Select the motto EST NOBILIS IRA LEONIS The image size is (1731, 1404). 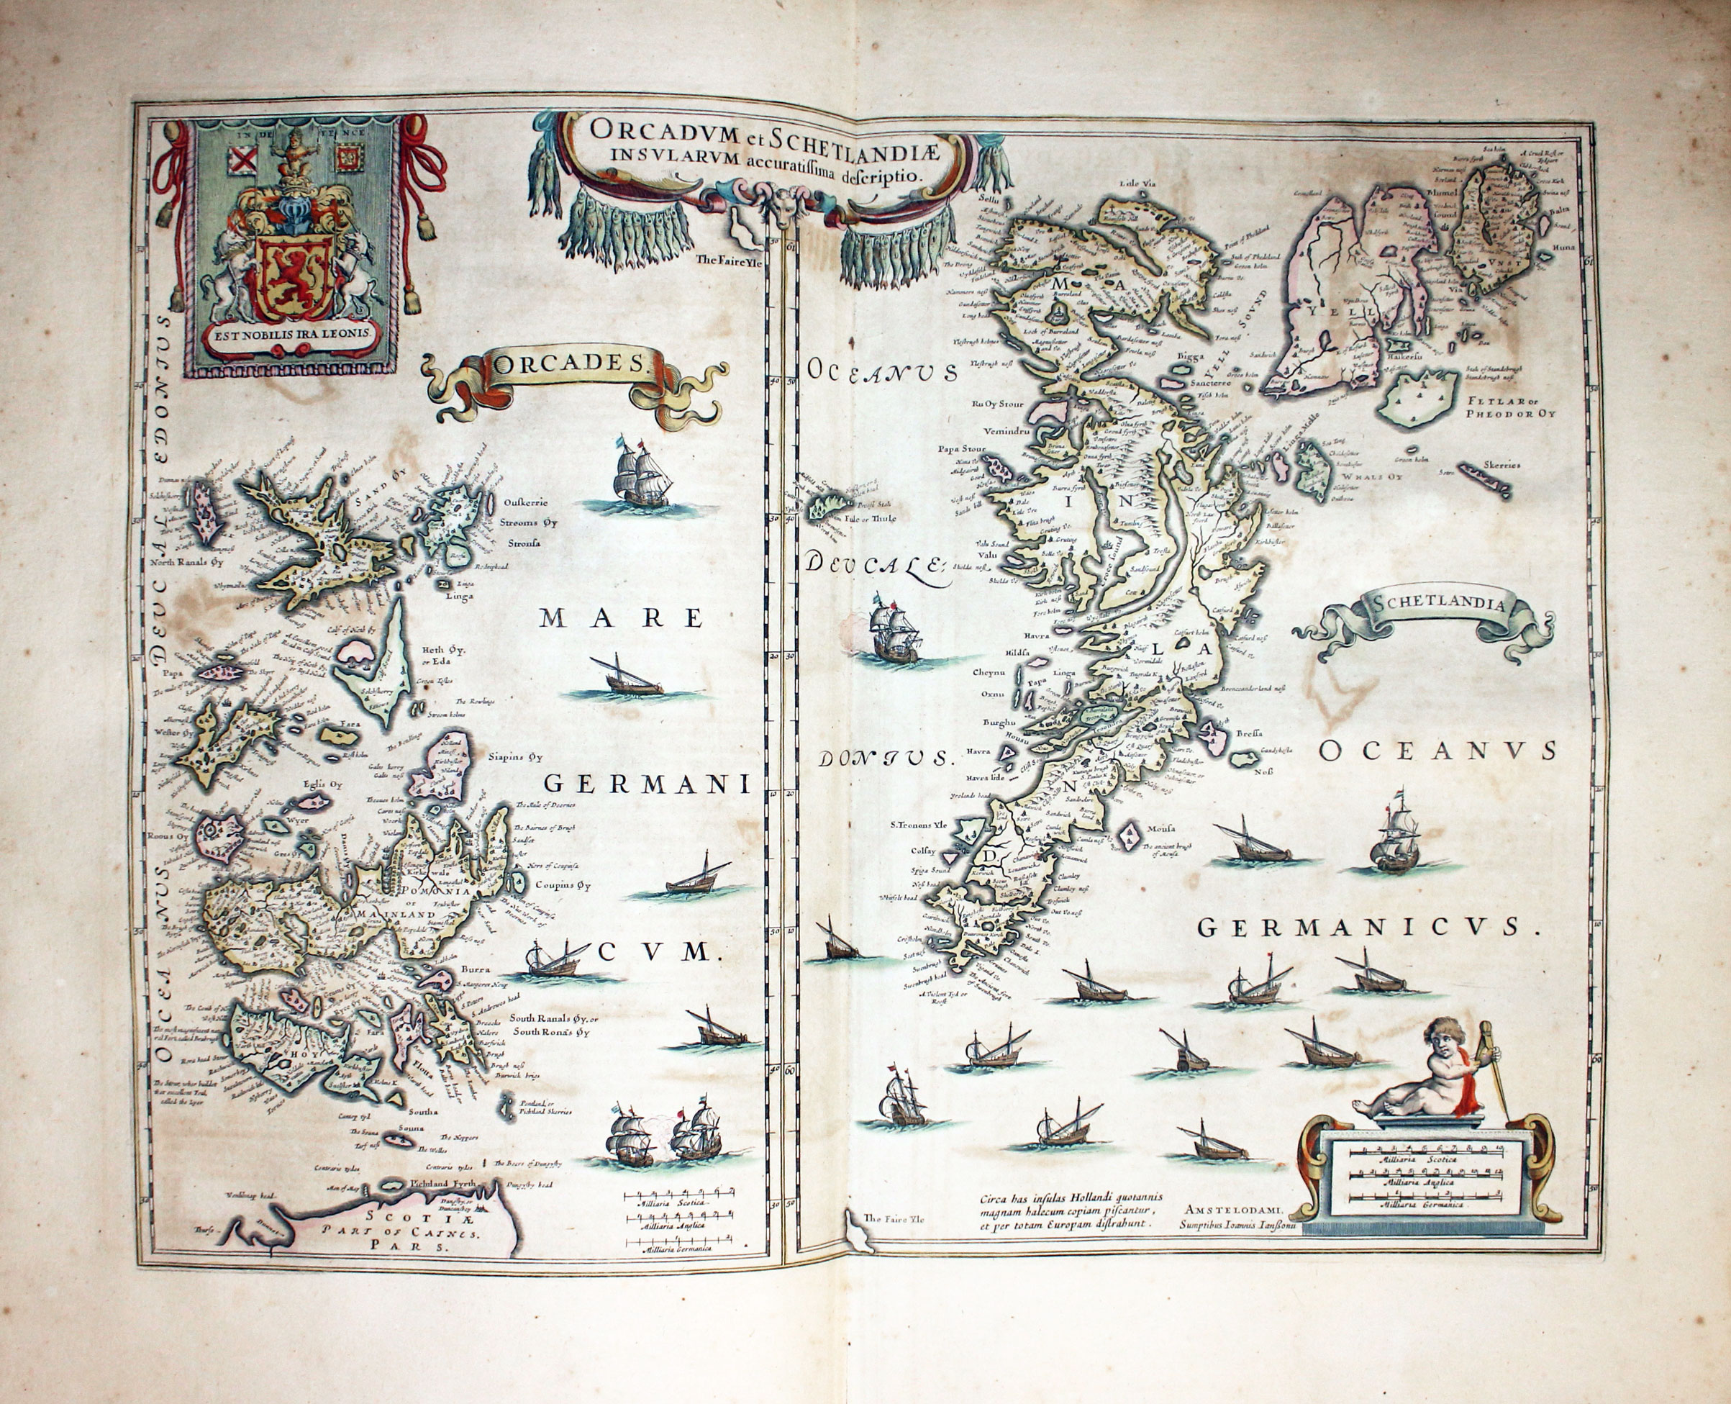pos(292,332)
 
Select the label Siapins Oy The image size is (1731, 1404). pos(514,758)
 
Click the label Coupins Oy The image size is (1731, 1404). pos(563,884)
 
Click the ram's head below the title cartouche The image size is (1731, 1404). pos(779,207)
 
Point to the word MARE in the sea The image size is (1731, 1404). pos(621,618)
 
